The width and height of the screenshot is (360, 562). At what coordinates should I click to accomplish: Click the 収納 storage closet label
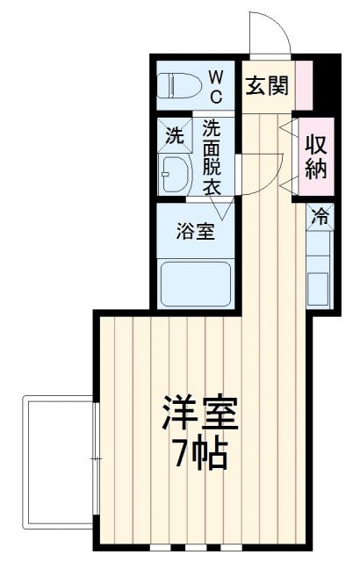pos(317,156)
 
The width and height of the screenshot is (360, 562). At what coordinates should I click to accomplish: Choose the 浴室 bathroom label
pos(195,233)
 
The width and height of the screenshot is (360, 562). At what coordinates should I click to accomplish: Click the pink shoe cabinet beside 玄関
pos(303,85)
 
